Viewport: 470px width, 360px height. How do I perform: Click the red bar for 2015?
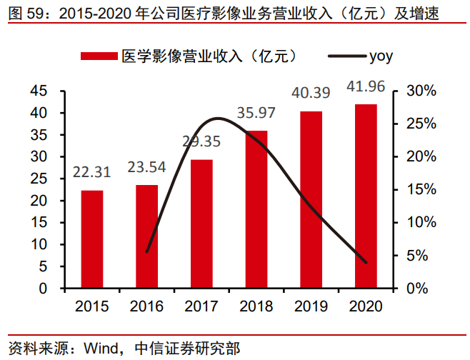coord(91,239)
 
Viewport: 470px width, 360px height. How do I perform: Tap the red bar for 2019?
coord(311,199)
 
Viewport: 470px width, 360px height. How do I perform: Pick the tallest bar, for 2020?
coord(366,196)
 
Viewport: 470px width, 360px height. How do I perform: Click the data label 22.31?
coord(91,172)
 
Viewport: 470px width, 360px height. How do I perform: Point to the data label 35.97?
coord(256,112)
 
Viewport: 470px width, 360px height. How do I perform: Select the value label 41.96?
coord(366,86)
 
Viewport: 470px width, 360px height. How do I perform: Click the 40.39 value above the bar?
coord(311,93)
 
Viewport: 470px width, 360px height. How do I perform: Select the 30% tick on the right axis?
coord(421,91)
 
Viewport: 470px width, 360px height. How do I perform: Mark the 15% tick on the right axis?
coord(421,190)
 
